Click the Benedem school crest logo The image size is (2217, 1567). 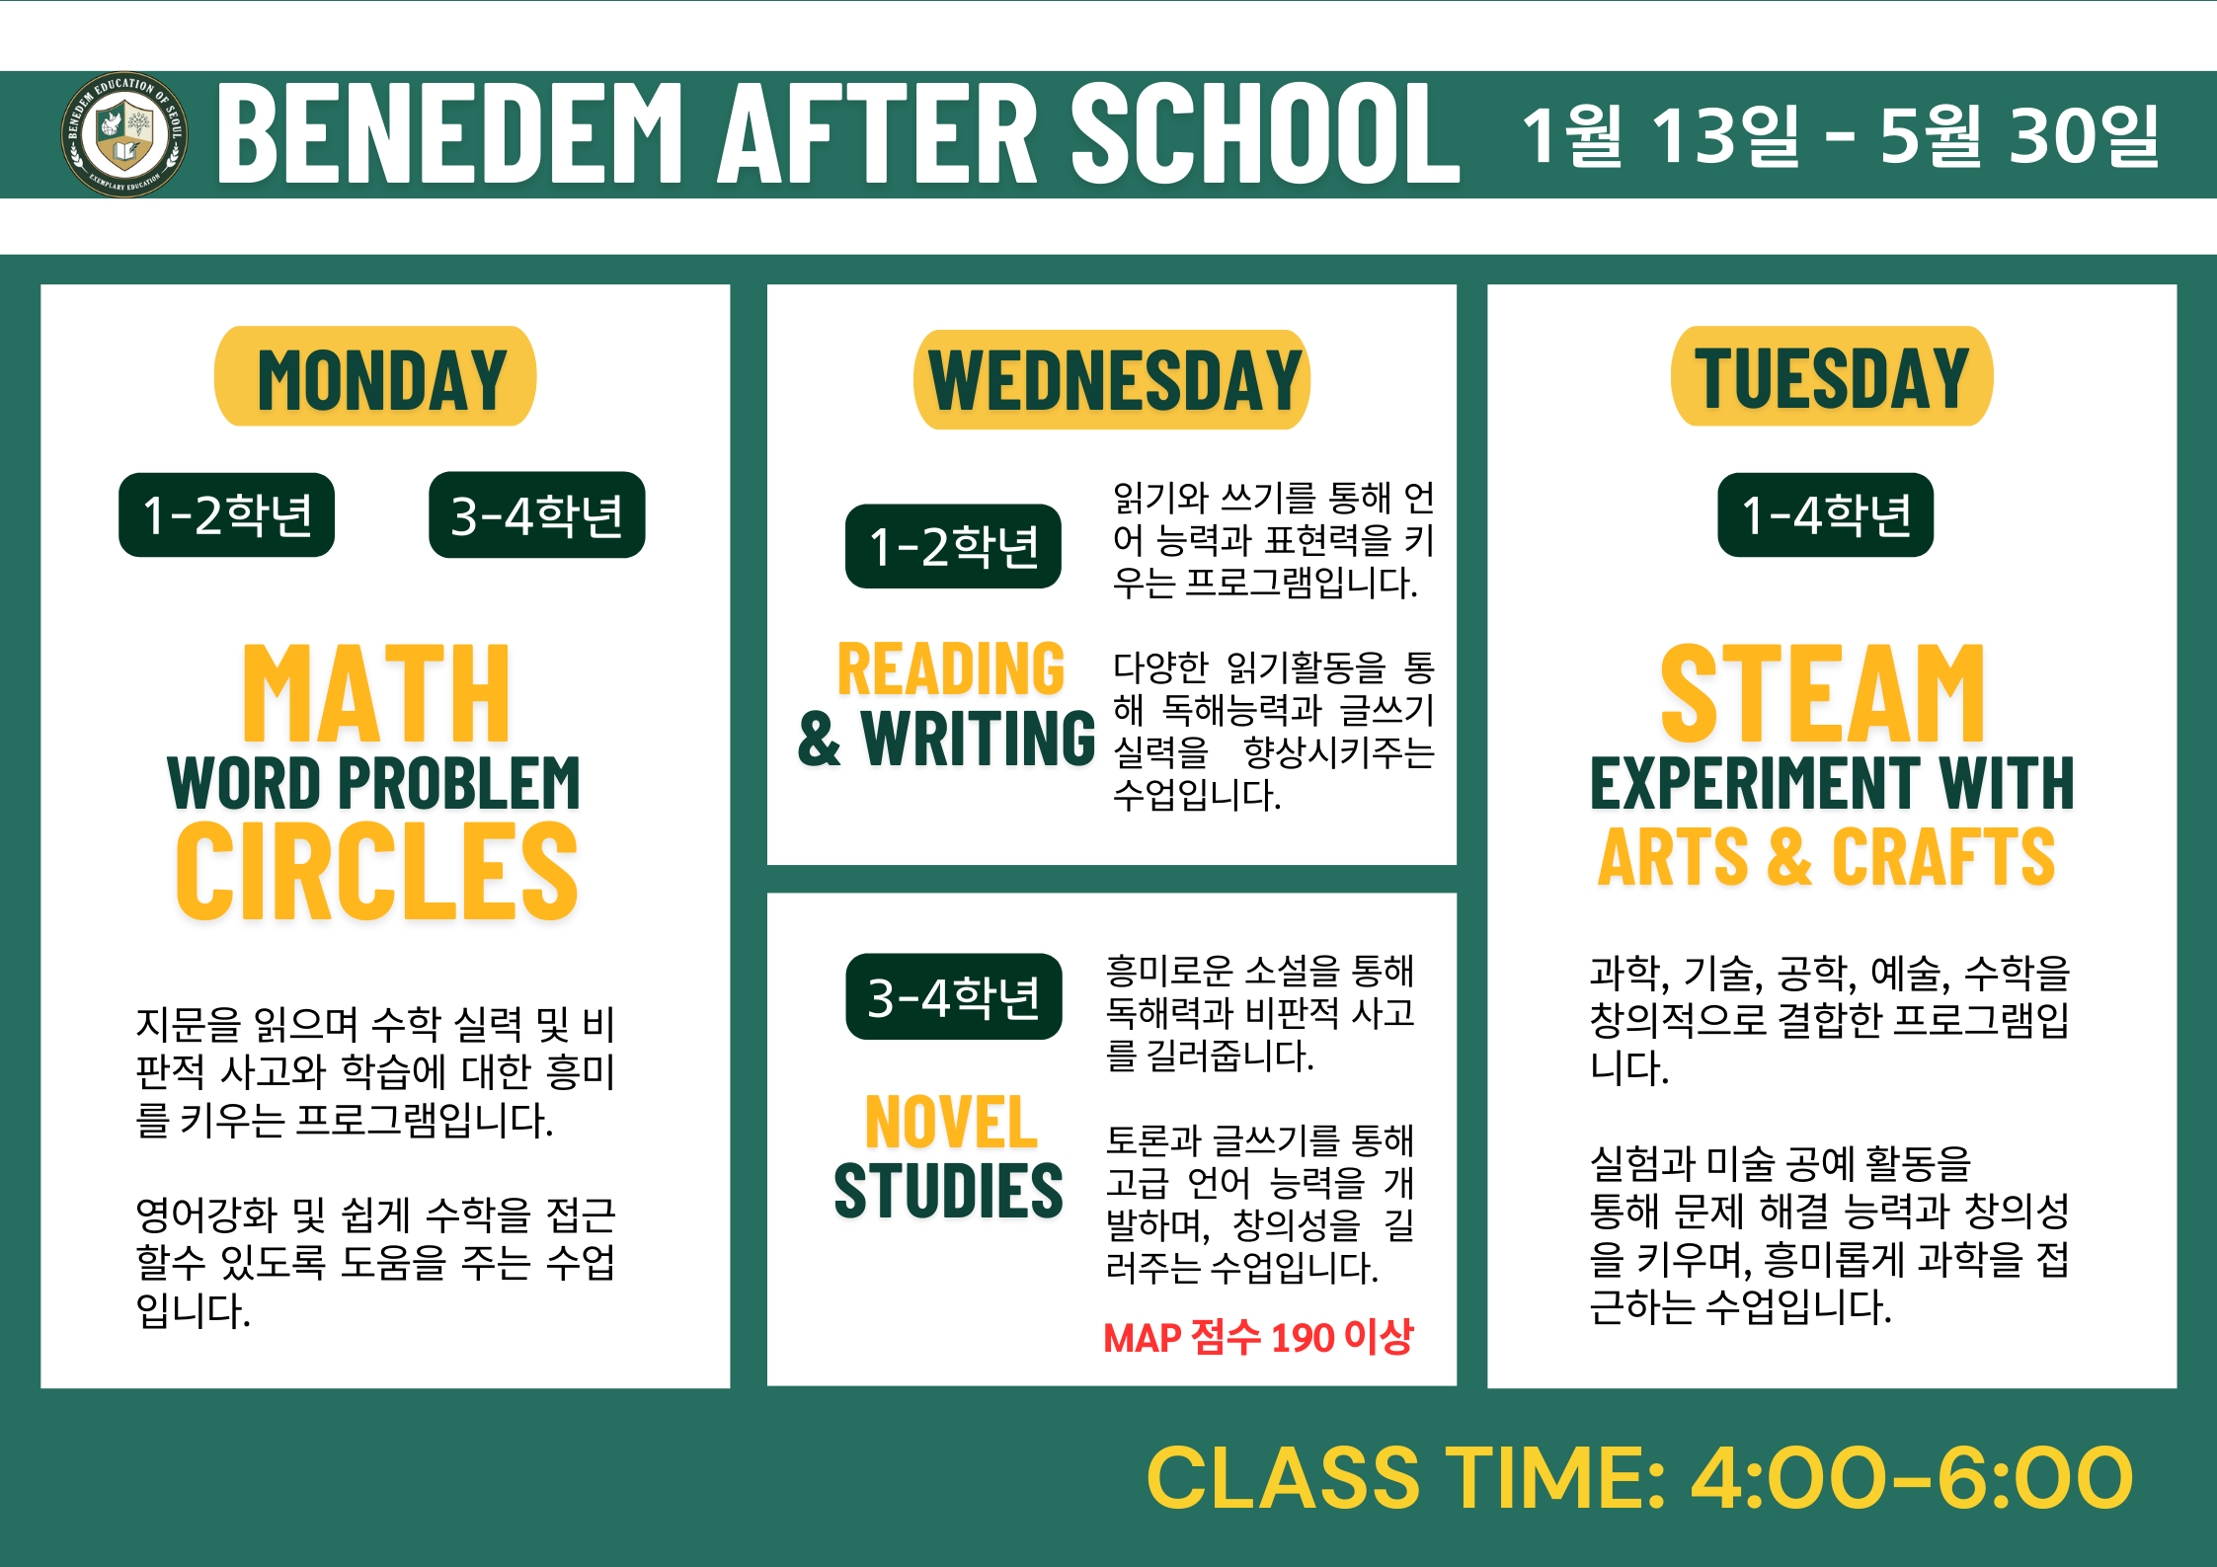pyautogui.click(x=124, y=134)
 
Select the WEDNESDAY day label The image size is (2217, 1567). pyautogui.click(x=1112, y=380)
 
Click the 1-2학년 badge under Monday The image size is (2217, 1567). pyautogui.click(x=226, y=514)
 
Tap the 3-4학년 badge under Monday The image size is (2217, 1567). pyautogui.click(x=536, y=514)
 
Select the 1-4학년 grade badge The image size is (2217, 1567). pyautogui.click(x=1825, y=514)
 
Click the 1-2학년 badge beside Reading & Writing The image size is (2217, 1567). pyautogui.click(x=953, y=546)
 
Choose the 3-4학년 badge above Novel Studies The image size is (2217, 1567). pyautogui.click(x=954, y=996)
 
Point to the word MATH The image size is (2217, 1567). pyautogui.click(x=376, y=693)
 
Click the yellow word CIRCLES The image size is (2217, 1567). pyautogui.click(x=376, y=871)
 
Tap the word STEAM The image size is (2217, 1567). pyautogui.click(x=1823, y=693)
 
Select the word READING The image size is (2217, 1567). pyautogui.click(x=951, y=668)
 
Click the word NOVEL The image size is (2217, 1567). pyautogui.click(x=951, y=1122)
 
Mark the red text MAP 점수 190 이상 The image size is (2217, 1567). pyautogui.click(x=1258, y=1337)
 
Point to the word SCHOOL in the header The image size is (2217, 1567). pyautogui.click(x=1266, y=133)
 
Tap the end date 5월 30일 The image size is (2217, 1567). pyautogui.click(x=2019, y=135)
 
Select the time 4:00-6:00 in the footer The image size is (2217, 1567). pyautogui.click(x=1912, y=1478)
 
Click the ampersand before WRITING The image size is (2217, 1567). pyautogui.click(x=820, y=739)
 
